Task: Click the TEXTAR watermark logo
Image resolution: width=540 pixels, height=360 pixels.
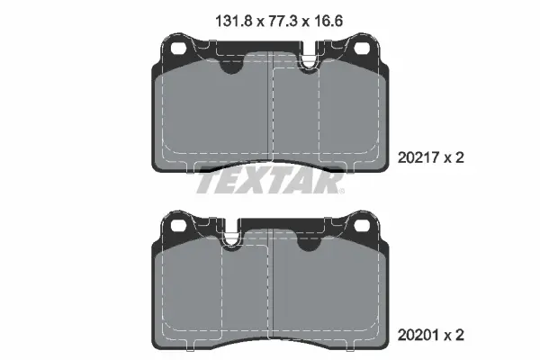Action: coord(269,183)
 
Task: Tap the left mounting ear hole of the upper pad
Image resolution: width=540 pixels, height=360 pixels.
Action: coord(175,48)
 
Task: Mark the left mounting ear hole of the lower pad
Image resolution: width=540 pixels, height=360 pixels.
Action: coord(175,225)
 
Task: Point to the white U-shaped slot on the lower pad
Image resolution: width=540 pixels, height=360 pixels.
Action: coord(231,237)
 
